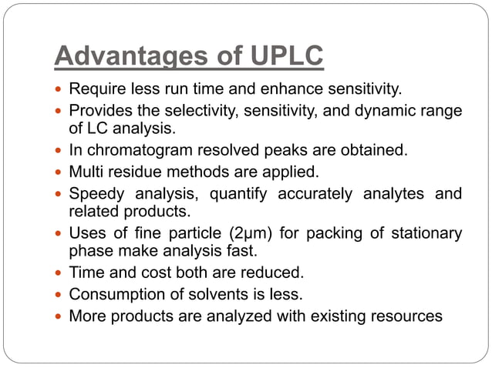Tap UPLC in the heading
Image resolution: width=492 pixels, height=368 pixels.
coord(283,56)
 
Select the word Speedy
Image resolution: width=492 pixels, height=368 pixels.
coord(96,192)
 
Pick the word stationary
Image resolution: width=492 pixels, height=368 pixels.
coord(424,233)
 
